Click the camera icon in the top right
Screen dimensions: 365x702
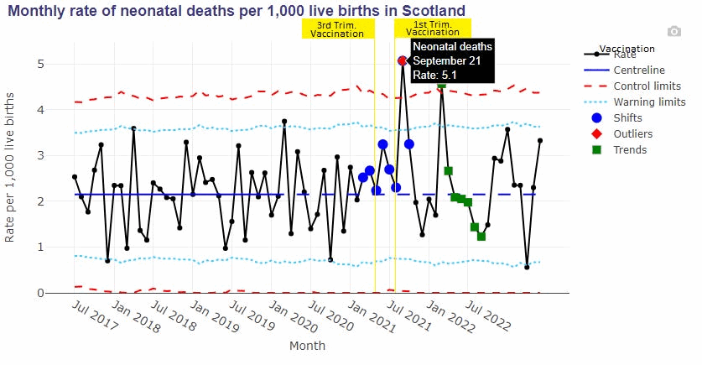coord(673,31)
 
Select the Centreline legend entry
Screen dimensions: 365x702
coord(639,70)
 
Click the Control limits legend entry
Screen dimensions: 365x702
coord(647,86)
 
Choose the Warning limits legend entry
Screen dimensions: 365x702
coord(649,102)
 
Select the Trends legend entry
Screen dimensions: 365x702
coord(630,149)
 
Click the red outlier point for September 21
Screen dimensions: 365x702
coord(403,60)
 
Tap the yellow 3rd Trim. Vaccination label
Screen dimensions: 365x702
coord(337,29)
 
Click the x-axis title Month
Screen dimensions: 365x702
coord(307,345)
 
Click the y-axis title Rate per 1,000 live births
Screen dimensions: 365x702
coord(10,168)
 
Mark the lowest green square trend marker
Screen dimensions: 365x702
coord(481,237)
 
